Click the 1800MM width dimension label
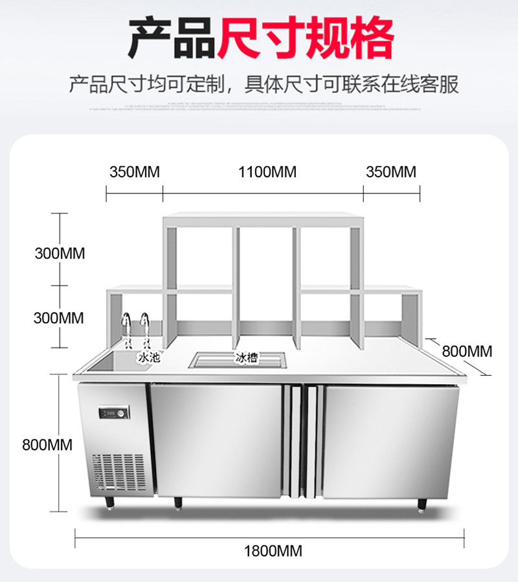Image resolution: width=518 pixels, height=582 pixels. coord(273,552)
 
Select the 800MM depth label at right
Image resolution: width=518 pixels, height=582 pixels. coord(467,351)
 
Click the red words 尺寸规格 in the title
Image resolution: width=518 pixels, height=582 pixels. coord(306,39)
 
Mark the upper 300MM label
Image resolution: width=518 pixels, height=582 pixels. coord(60,252)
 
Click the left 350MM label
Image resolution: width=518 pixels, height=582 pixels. coord(134,172)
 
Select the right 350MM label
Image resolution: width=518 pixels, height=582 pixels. coord(391,172)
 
